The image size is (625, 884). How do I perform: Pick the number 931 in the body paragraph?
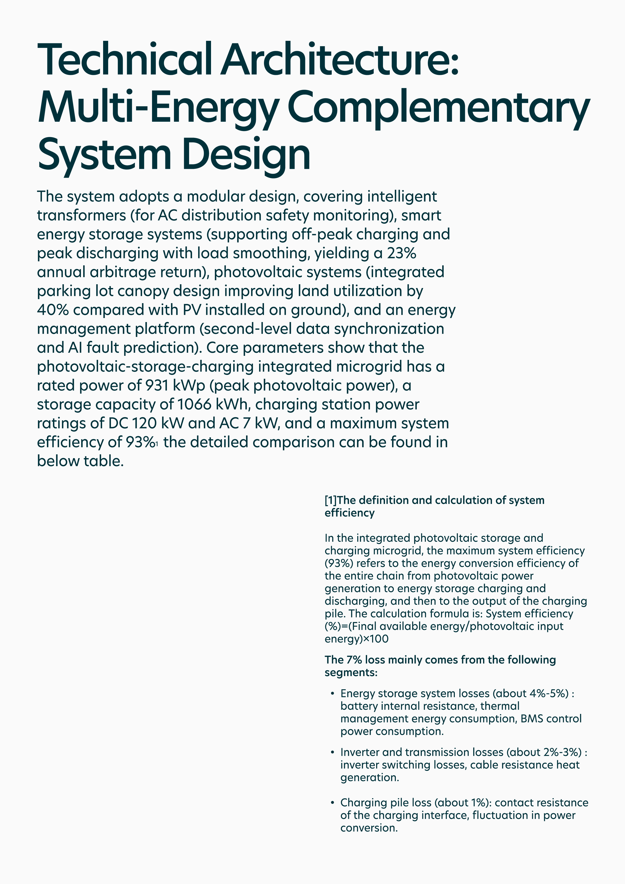(x=156, y=385)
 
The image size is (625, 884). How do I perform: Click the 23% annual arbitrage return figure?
(x=401, y=253)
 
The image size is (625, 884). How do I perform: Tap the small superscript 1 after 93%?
(x=157, y=444)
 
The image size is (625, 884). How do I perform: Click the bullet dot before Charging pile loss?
(x=332, y=803)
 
